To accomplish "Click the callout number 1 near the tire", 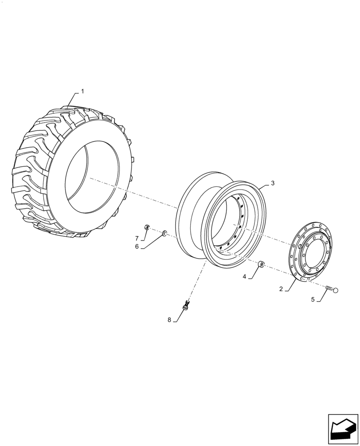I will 82,91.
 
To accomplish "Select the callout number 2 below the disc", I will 281,289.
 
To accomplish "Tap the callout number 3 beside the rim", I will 273,183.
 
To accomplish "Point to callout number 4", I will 245,277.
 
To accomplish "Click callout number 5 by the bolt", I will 313,300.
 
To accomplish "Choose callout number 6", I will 137,246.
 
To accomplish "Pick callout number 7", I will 137,239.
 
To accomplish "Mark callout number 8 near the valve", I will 169,319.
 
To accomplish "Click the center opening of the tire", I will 91,178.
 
